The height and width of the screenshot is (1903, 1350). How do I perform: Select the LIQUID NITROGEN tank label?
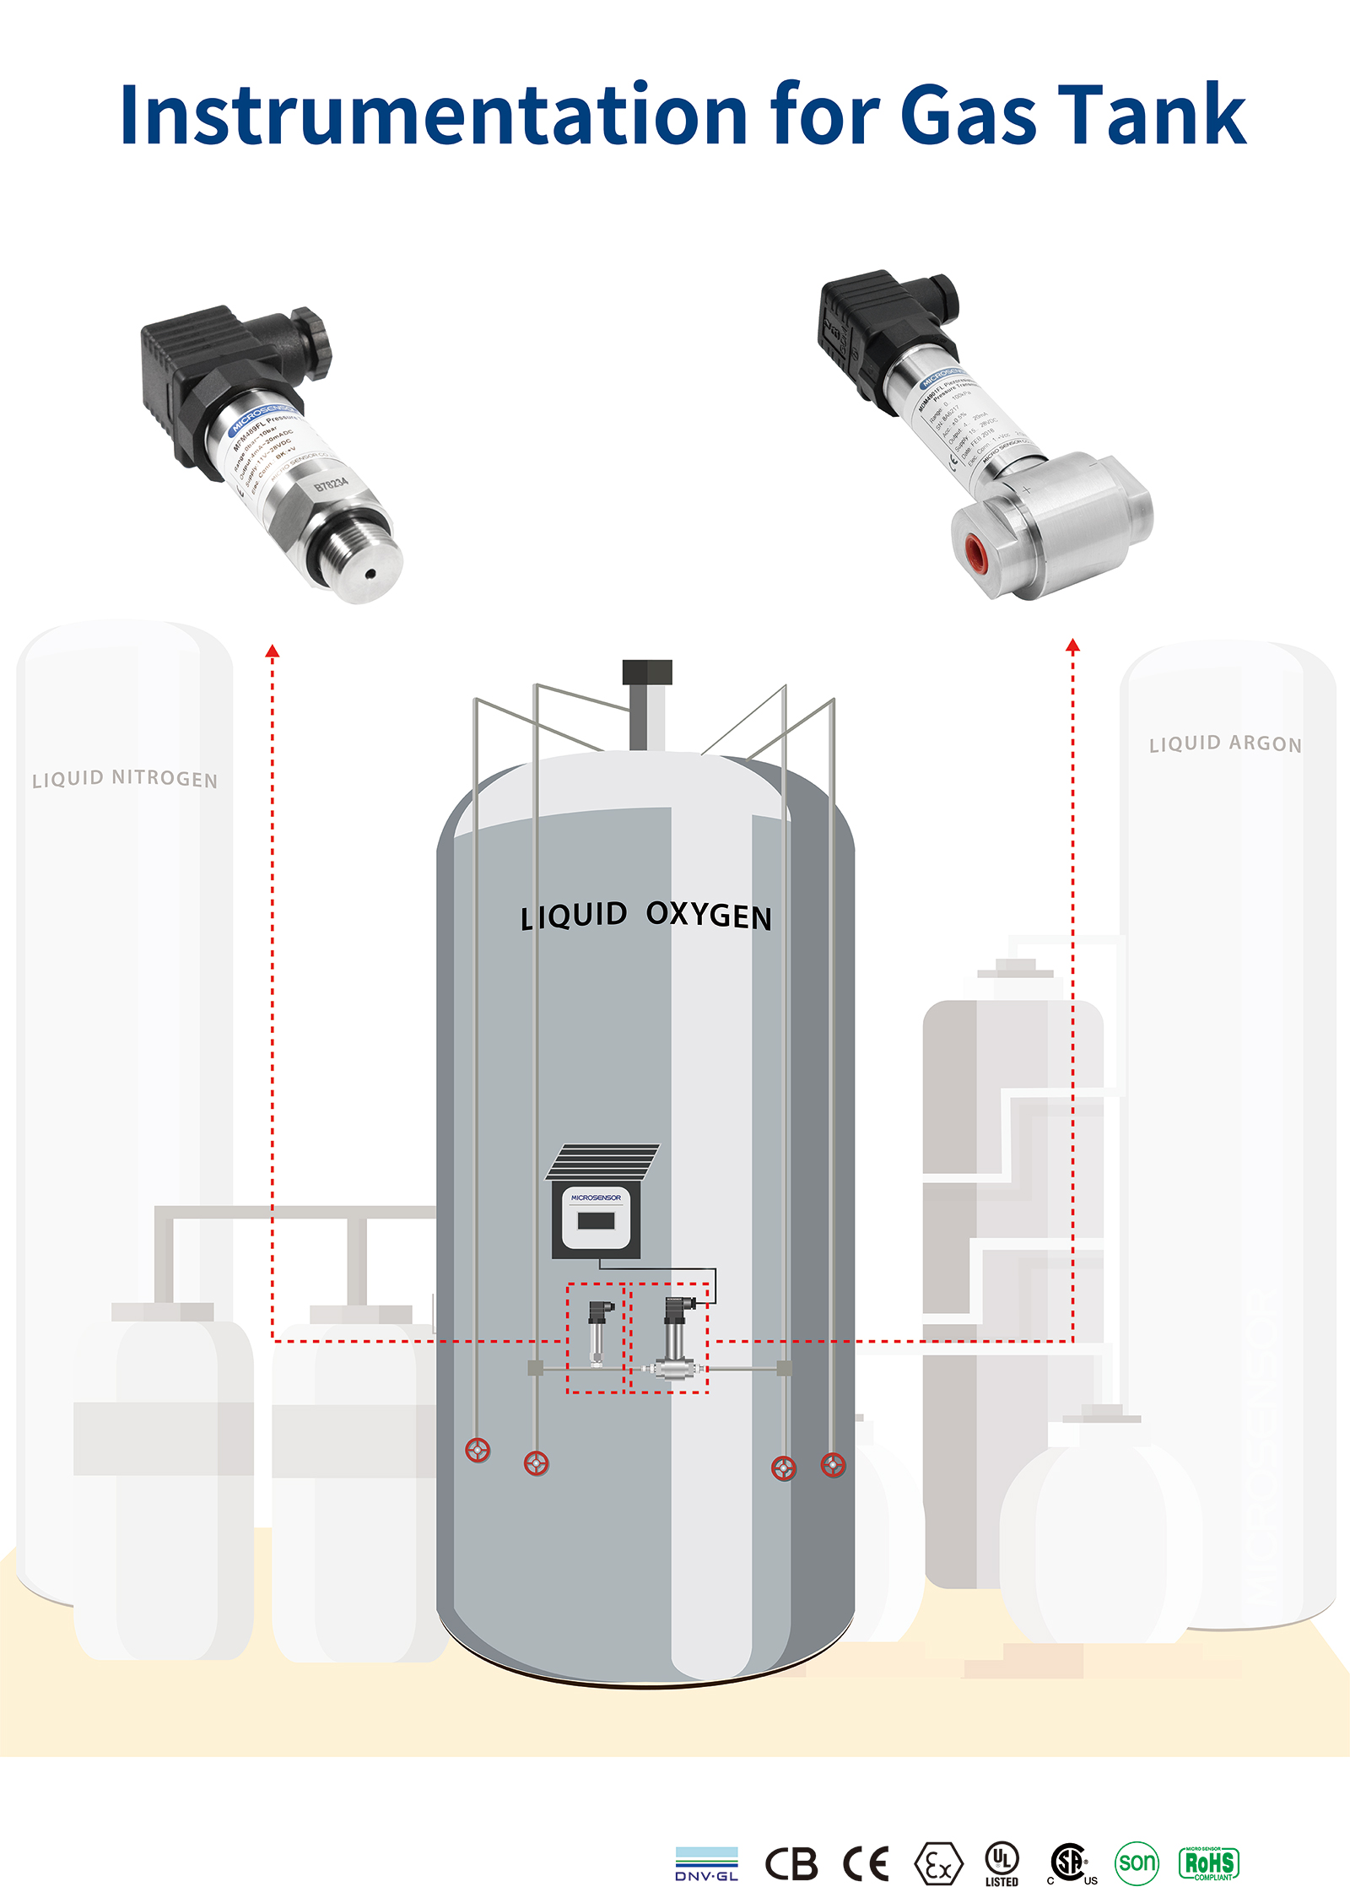pos(125,778)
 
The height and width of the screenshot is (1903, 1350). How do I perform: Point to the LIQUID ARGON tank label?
pos(1225,743)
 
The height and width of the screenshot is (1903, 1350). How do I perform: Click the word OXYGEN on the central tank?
pos(709,916)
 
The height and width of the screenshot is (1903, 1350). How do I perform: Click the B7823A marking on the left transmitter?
pos(331,484)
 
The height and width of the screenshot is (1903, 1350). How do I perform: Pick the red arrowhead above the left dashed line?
pos(273,651)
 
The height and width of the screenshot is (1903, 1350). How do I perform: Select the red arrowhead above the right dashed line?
pos(1072,646)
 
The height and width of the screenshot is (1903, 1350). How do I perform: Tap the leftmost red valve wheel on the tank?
pos(478,1451)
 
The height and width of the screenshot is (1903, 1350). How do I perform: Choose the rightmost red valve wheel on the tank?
pos(833,1464)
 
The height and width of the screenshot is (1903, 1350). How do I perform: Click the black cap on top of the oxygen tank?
pos(647,672)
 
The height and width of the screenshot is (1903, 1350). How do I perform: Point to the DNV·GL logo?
pos(706,1864)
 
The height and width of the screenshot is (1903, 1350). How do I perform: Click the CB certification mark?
pos(791,1864)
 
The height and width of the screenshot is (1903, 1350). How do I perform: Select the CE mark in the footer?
pos(867,1864)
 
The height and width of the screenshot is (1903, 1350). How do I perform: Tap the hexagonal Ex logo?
pos(937,1864)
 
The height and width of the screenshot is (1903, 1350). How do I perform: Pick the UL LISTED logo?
pos(1002,1864)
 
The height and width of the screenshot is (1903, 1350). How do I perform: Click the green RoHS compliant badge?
pos(1209,1863)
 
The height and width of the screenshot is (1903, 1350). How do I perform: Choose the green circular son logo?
pos(1137,1862)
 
